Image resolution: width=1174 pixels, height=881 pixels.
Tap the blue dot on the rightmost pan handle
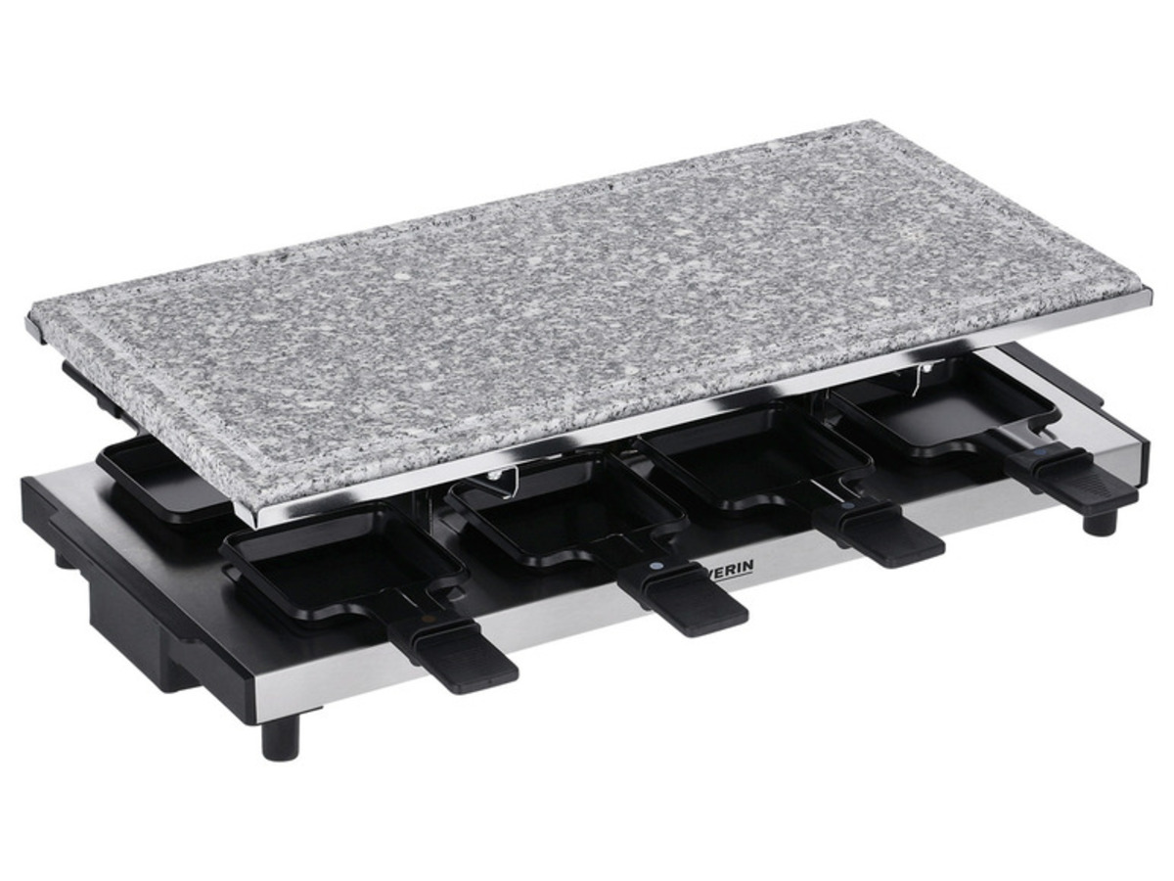1040,455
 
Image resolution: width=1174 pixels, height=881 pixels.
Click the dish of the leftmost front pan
342,563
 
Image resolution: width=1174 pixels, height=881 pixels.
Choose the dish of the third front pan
753,455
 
